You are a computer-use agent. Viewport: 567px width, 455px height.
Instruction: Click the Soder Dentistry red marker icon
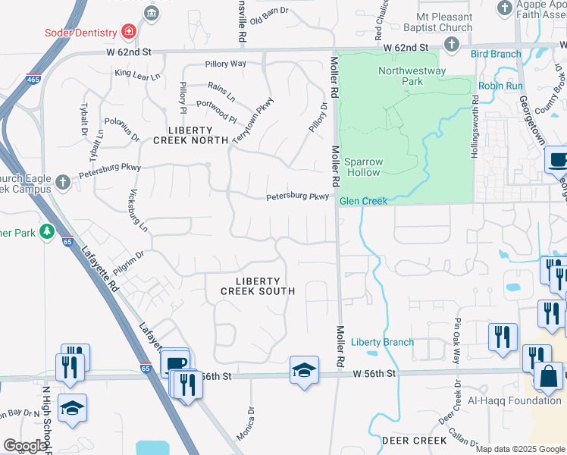pos(128,32)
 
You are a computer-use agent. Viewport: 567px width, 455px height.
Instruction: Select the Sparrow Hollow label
pos(364,167)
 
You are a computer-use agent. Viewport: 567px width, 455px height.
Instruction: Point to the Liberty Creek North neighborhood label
pos(191,135)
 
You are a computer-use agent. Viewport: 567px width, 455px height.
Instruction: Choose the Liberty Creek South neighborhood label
pos(256,285)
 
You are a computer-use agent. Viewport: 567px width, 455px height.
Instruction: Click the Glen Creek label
pos(363,201)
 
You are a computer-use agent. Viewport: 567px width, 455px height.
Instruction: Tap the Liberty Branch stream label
pos(383,342)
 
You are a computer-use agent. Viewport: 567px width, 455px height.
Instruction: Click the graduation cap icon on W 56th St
pos(304,370)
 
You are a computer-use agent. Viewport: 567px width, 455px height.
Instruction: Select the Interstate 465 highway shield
pos(33,78)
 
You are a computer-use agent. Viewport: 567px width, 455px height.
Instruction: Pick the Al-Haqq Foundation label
pos(514,400)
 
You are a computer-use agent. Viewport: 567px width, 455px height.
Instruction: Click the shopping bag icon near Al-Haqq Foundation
pos(548,376)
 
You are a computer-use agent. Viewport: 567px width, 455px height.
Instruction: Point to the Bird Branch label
pos(496,54)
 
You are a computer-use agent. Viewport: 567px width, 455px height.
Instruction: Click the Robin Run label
pos(500,86)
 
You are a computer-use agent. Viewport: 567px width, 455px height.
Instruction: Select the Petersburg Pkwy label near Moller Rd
pos(297,197)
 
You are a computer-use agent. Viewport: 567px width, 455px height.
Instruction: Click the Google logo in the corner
pos(24,446)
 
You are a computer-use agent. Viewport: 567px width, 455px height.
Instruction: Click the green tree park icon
pos(47,231)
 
